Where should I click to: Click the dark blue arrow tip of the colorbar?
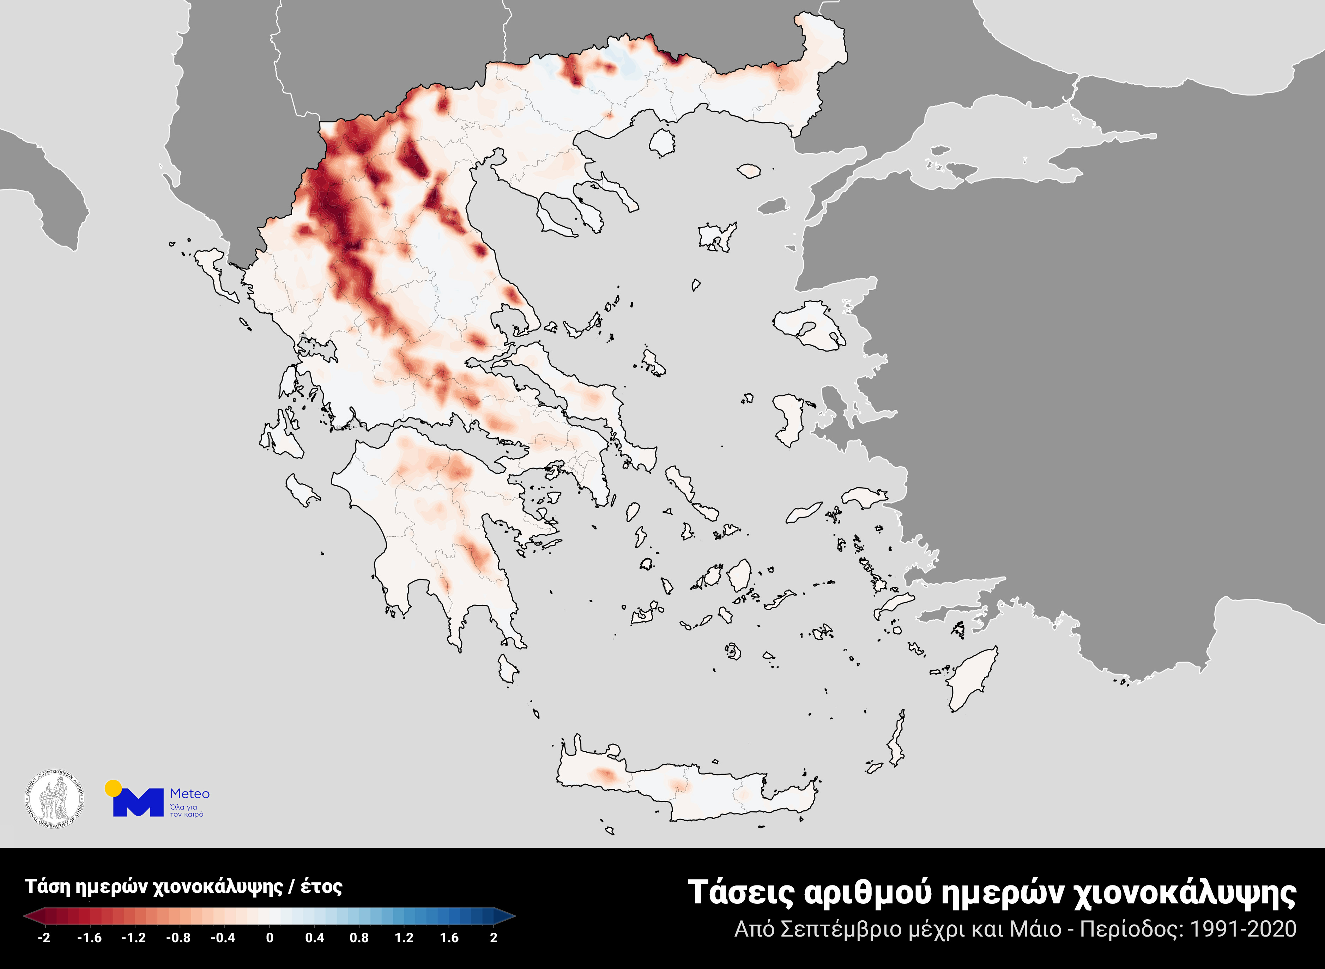click(508, 916)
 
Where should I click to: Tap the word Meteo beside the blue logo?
click(189, 794)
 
